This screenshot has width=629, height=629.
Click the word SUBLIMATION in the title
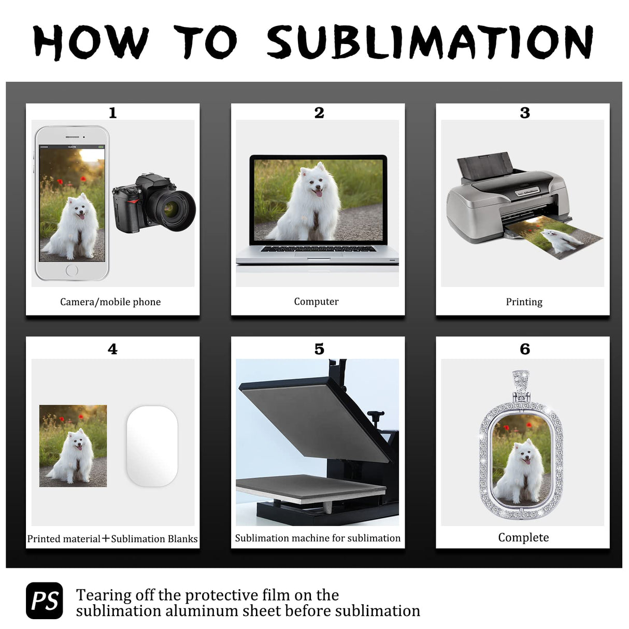430,42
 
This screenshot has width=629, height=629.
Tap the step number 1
112,113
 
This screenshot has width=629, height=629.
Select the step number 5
319,349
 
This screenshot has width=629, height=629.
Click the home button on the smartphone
72,270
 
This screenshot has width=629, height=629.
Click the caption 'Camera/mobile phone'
110,302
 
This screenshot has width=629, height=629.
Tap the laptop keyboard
318,249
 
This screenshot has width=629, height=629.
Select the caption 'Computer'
316,302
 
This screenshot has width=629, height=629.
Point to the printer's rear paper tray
485,166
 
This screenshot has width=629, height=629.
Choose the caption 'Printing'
524,302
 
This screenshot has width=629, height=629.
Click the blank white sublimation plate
152,446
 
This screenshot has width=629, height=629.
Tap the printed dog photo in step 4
73,446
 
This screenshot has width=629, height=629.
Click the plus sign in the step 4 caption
105,538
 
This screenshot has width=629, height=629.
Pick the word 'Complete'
523,538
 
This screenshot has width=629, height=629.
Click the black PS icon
45,601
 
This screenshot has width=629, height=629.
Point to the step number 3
525,113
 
